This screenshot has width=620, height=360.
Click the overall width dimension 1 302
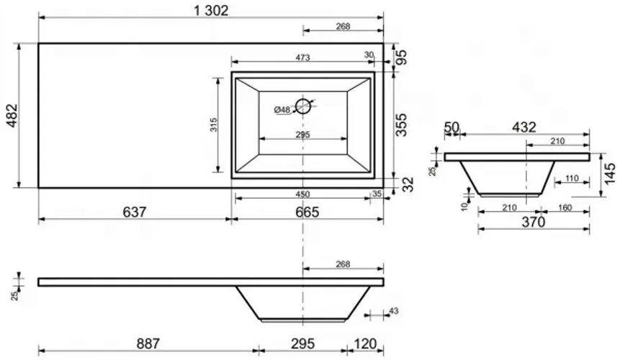coord(211,10)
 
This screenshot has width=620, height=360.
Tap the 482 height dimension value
coord(12,115)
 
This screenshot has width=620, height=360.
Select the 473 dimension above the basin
coord(302,58)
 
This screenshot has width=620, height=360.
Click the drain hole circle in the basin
coord(303,106)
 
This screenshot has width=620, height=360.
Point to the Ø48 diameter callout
coord(282,110)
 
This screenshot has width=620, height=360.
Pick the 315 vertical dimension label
coord(214,125)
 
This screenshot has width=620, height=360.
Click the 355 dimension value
coord(401,125)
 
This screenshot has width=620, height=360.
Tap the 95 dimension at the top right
coord(401,58)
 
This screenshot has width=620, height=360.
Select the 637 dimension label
coord(135,212)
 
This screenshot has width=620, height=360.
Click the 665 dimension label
coord(307,212)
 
